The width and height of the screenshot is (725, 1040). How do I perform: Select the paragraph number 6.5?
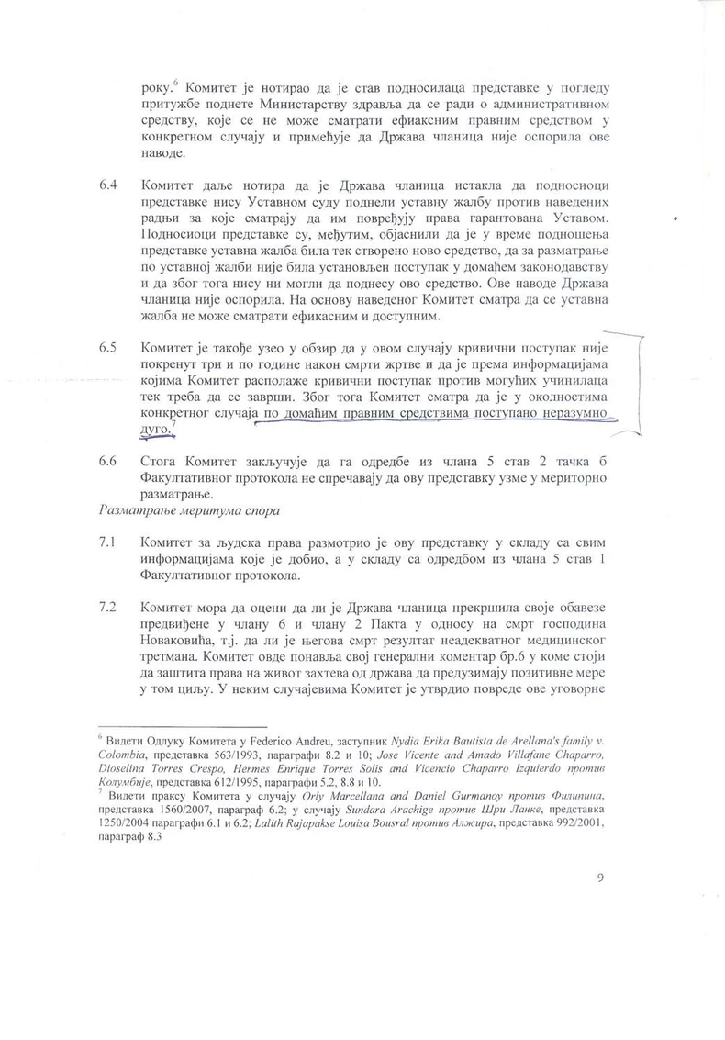pyautogui.click(x=106, y=349)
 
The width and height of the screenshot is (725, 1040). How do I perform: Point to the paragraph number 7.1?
pyautogui.click(x=106, y=542)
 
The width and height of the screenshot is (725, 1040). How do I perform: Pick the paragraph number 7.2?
pyautogui.click(x=106, y=608)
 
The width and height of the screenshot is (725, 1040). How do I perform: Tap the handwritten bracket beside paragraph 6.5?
pyautogui.click(x=632, y=386)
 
